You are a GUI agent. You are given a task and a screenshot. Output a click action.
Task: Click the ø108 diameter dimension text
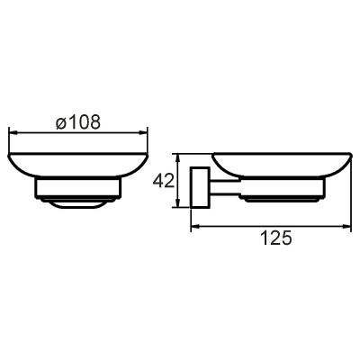77,122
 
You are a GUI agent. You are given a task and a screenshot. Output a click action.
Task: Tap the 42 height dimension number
164,181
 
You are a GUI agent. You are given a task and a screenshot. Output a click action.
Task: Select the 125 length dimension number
276,238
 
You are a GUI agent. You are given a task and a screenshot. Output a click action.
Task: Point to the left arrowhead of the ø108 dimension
14,132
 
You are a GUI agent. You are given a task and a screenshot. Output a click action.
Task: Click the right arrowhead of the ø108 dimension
143,132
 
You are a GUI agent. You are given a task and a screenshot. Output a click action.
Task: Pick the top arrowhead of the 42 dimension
178,158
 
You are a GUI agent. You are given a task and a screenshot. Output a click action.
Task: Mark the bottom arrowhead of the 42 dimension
178,202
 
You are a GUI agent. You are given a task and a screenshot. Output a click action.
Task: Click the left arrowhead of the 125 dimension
195,227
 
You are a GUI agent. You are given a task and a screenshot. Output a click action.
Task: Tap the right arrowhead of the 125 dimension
346,227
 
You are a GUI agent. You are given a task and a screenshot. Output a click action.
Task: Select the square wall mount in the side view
200,187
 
